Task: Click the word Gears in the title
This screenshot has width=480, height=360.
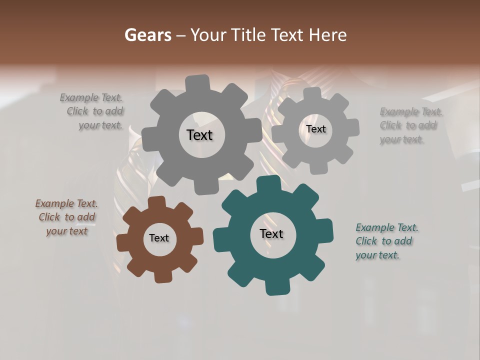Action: (x=147, y=35)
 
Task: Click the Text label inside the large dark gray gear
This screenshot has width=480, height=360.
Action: (x=199, y=135)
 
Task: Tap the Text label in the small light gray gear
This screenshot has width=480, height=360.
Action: (x=315, y=129)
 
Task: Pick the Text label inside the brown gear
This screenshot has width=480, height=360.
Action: (x=159, y=238)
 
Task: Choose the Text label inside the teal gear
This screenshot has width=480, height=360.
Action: (x=271, y=233)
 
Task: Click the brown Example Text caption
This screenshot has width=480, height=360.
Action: (x=66, y=217)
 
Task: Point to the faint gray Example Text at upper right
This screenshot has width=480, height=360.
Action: (x=410, y=125)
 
